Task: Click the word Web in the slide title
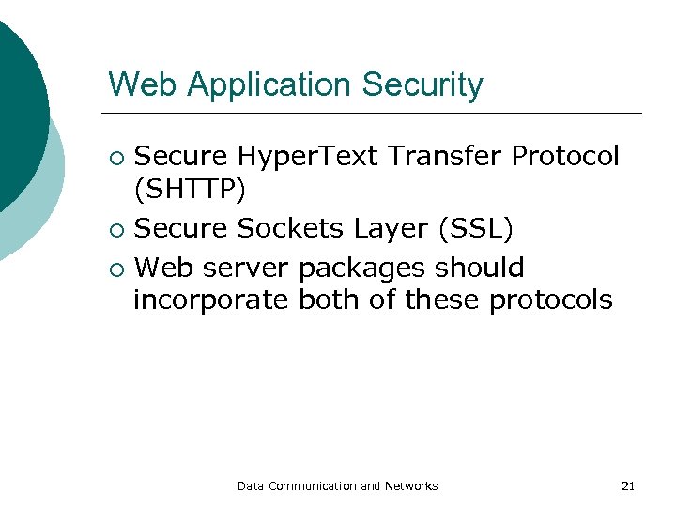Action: (x=137, y=84)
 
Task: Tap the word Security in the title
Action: (x=422, y=85)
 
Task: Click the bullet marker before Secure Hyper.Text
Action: (x=115, y=157)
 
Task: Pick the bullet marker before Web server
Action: (x=115, y=269)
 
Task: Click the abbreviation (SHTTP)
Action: (x=190, y=191)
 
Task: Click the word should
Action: (x=479, y=268)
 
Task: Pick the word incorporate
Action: (x=212, y=301)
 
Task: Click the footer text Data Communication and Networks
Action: (x=337, y=486)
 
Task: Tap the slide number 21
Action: (x=628, y=486)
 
